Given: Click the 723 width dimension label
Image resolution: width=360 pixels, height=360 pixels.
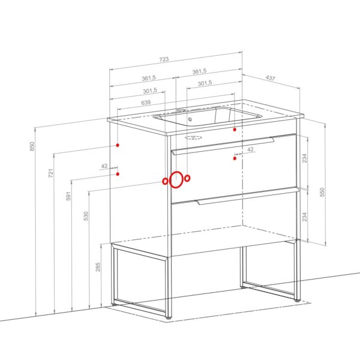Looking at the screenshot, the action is tap(164, 59).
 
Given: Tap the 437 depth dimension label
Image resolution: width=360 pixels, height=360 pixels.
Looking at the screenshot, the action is tap(270, 78).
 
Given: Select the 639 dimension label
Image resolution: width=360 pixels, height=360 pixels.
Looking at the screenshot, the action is tap(146, 103).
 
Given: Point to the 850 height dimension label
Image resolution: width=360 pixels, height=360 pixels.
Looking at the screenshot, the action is tap(32, 146).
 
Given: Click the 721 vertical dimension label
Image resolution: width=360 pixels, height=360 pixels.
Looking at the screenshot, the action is tap(51, 173).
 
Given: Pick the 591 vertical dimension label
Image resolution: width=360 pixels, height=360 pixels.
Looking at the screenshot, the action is tap(68, 196).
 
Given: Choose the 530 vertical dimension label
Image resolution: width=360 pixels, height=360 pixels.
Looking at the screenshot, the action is tap(86, 216).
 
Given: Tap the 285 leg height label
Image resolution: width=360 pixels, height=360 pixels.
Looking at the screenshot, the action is tap(98, 267).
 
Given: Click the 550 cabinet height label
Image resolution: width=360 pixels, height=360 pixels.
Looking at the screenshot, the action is tap(322, 192).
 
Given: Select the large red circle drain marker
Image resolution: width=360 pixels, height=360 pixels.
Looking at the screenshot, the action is tap(170, 180).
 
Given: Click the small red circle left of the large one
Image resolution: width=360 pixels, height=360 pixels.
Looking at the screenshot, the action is tap(165, 181).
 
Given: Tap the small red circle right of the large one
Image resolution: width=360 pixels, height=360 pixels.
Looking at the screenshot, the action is tap(188, 178).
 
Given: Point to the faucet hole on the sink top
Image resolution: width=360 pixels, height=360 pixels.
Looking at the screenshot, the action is tap(181, 110).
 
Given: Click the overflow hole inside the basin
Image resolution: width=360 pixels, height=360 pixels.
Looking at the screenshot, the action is tap(190, 119).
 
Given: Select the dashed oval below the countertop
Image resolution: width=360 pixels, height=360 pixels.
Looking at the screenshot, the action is tap(193, 138).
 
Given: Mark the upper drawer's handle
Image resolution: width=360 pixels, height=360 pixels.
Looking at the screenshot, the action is tap(223, 146).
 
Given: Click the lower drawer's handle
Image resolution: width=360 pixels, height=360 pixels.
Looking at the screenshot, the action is tap(247, 196).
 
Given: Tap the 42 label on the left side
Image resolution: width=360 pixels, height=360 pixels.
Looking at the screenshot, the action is tap(104, 166).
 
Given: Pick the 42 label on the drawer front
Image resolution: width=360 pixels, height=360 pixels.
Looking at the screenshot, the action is tap(250, 149).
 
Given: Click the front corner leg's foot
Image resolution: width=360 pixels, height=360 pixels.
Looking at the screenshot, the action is tap(169, 317).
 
